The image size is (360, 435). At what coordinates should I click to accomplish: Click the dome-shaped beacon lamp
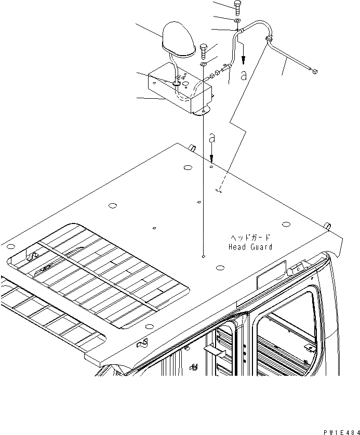[178, 38]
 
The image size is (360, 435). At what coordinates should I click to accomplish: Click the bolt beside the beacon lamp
[203, 51]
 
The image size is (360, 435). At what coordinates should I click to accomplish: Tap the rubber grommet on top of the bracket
[177, 82]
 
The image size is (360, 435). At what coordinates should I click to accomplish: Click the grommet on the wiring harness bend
[269, 40]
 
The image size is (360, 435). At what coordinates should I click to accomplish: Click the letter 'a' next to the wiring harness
[244, 75]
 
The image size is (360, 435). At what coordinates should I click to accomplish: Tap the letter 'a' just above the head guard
[211, 139]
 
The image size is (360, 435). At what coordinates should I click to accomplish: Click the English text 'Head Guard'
[250, 247]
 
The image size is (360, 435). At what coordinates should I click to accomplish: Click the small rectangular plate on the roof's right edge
[271, 274]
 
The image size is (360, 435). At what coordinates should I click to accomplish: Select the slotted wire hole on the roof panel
[219, 191]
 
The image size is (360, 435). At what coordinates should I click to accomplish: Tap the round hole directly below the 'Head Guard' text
[220, 268]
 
